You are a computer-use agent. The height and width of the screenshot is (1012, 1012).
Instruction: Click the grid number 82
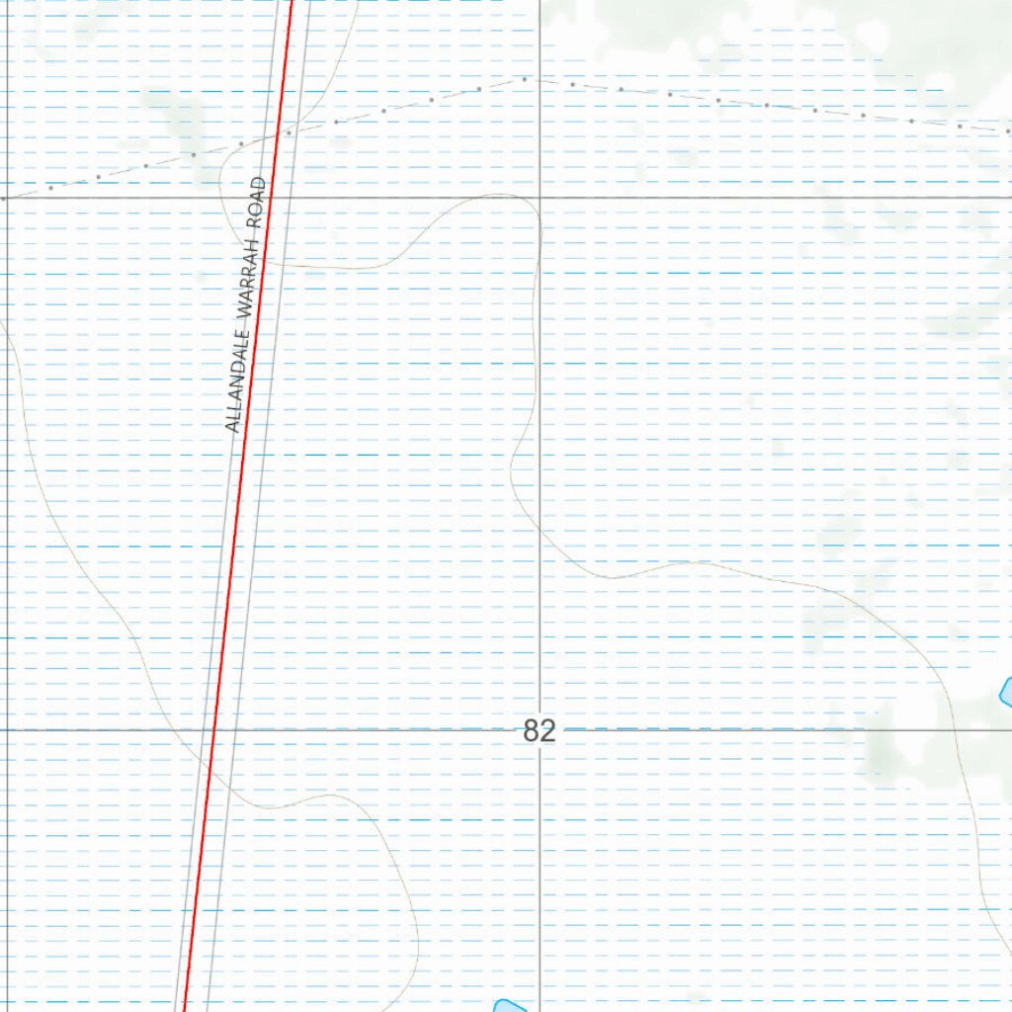point(540,731)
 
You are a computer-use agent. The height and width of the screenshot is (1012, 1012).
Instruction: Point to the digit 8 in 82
point(532,731)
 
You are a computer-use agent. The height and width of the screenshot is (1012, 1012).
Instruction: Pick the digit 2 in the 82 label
point(548,731)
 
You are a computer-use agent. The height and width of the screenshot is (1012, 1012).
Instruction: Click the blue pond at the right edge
point(1006,691)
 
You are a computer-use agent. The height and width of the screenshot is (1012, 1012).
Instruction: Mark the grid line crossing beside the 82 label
point(540,730)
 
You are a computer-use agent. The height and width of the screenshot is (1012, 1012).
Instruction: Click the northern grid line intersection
point(540,198)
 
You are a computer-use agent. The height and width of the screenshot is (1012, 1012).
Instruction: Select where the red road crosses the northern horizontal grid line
point(278,198)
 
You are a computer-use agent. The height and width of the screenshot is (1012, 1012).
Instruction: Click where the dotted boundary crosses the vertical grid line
point(540,80)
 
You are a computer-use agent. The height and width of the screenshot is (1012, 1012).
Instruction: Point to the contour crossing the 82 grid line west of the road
point(167,730)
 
